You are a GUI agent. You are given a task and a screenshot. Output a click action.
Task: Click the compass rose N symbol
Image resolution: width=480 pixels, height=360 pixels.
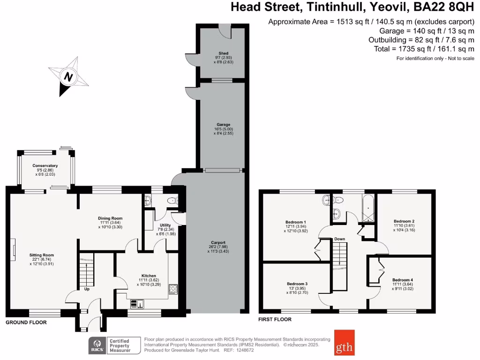point(68,77)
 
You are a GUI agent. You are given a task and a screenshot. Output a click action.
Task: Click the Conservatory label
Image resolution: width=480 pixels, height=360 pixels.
point(45,165)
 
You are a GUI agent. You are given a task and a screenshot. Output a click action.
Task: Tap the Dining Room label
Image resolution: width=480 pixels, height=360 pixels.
point(110,218)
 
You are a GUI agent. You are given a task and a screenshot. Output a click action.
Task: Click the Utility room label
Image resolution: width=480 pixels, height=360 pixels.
point(165,225)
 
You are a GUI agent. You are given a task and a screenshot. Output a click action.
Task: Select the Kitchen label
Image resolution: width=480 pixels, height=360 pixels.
point(149,276)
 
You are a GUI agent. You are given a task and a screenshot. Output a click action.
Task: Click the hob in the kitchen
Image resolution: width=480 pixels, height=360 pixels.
point(172,289)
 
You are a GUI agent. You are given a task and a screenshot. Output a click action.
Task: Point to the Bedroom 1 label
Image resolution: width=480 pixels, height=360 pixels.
point(296,222)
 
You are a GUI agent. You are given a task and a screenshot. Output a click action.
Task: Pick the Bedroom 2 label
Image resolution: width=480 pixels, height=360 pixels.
point(404,221)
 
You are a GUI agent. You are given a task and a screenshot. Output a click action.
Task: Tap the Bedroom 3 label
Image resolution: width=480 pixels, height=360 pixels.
point(297,284)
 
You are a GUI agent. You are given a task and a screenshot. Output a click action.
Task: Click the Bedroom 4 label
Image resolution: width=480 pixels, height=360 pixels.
point(403,280)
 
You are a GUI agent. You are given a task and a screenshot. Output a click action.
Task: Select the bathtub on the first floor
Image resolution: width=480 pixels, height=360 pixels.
point(367,209)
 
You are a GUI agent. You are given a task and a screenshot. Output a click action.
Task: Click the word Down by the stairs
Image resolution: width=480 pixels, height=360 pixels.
point(340,239)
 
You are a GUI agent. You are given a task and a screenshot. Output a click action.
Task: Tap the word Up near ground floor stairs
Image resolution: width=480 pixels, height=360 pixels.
point(87,289)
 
